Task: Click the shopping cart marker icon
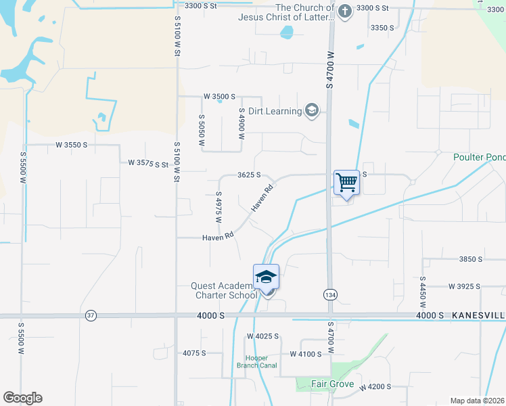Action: [x=346, y=182]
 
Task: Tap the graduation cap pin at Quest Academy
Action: [x=267, y=276]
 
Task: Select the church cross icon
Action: [x=345, y=12]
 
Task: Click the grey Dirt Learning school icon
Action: [x=312, y=111]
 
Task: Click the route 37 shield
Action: [x=91, y=315]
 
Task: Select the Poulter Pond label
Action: [x=479, y=158]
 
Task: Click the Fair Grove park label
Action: [x=333, y=384]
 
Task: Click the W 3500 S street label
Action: [x=219, y=97]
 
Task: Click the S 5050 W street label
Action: [x=202, y=131]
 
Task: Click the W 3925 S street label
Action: [x=464, y=287]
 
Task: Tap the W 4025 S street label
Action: [x=262, y=336]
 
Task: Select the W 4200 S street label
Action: [x=375, y=387]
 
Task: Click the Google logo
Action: [x=22, y=398]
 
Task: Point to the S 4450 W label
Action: [x=423, y=288]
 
